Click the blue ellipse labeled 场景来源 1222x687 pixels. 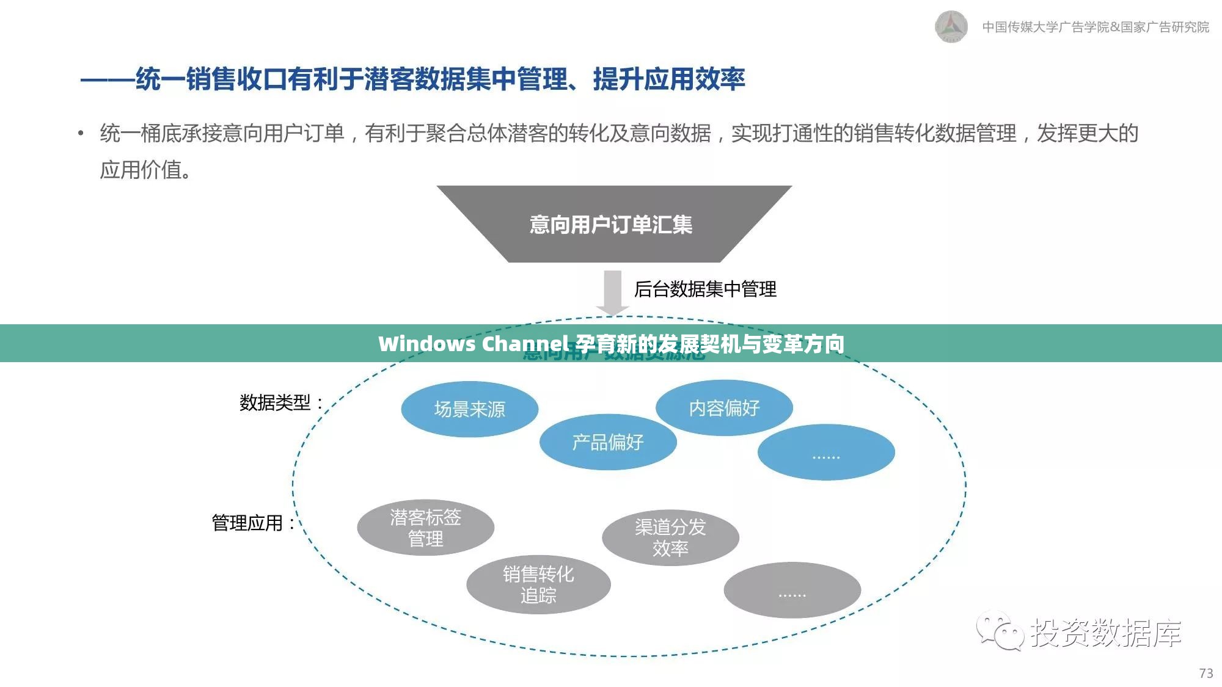tap(469, 409)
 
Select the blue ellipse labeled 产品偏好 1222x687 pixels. tap(608, 442)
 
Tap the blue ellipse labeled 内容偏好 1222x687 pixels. tap(724, 408)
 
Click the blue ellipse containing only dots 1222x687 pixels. tap(826, 453)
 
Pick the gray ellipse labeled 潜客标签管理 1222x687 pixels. tap(425, 528)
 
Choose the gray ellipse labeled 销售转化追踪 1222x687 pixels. tap(538, 584)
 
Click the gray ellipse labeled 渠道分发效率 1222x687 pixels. tap(670, 537)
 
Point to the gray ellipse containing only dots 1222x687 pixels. tap(792, 590)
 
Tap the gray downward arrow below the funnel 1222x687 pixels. tap(612, 293)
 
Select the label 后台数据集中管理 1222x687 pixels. tap(705, 289)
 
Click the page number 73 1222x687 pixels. tap(1206, 673)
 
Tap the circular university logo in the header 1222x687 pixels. tap(951, 27)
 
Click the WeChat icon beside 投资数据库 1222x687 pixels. tap(999, 631)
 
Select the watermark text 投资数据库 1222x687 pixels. tap(1106, 632)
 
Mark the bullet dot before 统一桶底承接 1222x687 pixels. tap(81, 133)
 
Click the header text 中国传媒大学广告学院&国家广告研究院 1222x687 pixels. tap(1096, 27)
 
